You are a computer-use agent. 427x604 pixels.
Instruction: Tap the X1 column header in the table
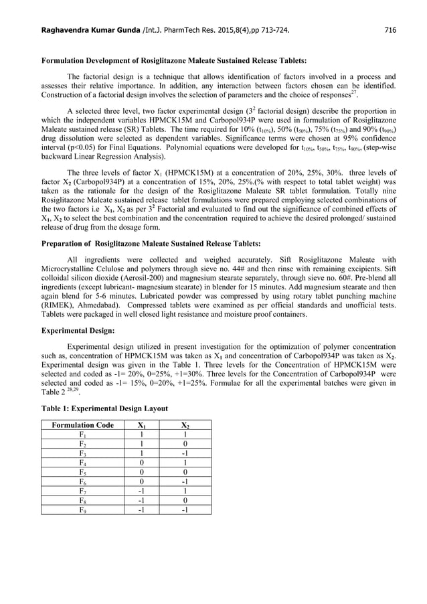(142, 425)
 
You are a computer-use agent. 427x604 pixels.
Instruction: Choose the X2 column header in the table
(185, 425)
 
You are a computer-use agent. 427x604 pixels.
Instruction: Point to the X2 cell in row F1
(185, 435)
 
